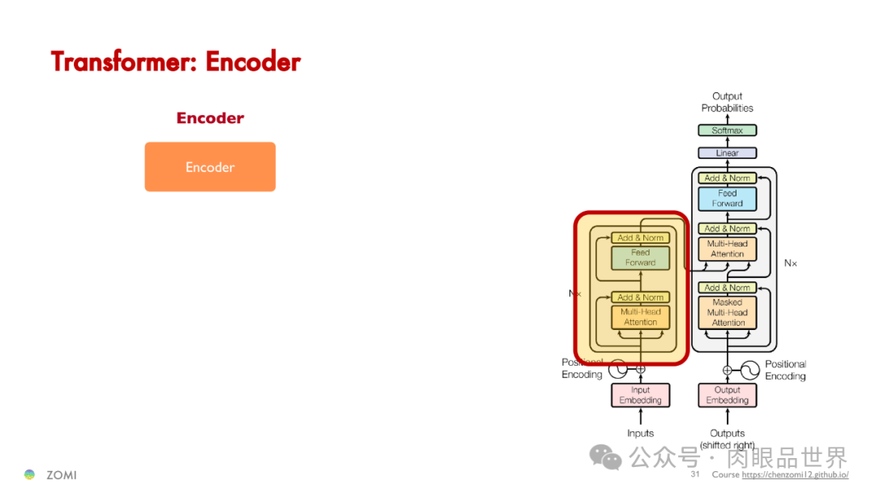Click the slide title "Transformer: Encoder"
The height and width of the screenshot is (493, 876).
176,62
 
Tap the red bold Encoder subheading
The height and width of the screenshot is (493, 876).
210,118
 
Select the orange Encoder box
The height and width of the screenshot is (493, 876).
210,167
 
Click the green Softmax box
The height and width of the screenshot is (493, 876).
727,131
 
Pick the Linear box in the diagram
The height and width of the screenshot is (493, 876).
727,153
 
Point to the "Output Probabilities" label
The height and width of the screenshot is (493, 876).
727,102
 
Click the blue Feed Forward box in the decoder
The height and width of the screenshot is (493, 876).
727,199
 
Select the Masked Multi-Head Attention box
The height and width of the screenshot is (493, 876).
727,312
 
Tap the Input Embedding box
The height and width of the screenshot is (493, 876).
640,395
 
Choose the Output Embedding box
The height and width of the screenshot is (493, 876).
727,395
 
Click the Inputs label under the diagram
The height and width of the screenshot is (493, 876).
640,433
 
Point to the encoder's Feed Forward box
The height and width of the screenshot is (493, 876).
640,258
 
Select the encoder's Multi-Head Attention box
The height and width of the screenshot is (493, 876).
640,317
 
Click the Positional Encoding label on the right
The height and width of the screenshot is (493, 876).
785,370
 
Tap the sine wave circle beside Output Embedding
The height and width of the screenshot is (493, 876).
749,370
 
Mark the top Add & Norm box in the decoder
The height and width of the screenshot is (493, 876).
727,178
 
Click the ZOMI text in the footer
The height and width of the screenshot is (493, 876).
62,475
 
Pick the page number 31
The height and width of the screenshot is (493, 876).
695,474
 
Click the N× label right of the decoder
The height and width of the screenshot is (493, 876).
790,263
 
